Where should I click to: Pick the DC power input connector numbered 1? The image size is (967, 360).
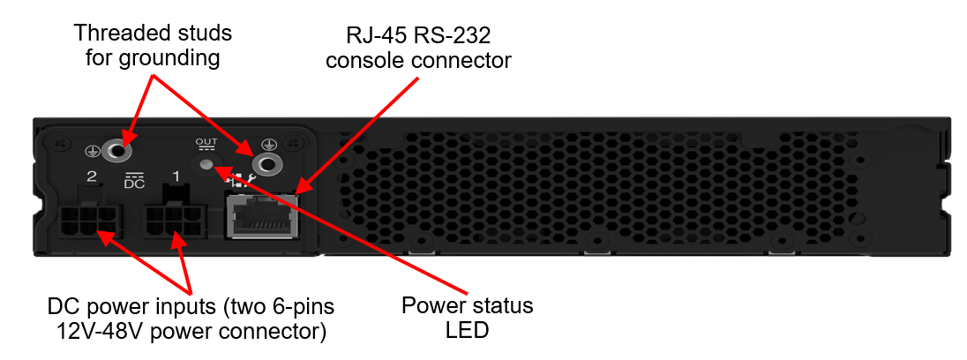pos(174,219)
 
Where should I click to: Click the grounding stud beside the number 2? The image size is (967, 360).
pos(116,150)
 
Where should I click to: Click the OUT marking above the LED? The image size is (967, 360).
pos(206,142)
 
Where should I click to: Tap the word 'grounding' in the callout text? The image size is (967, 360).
pos(171,58)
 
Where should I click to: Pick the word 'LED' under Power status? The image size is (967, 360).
pos(468,330)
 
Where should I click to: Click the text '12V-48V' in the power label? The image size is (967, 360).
pos(94,332)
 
